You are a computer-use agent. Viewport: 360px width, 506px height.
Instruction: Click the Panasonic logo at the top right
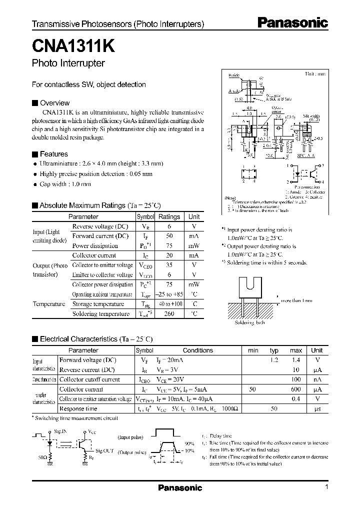coord(292,22)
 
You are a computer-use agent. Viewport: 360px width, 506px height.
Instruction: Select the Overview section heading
coord(54,103)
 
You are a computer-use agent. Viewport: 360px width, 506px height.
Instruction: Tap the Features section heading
coord(53,154)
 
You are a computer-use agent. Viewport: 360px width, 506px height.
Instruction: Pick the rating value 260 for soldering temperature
coord(169,313)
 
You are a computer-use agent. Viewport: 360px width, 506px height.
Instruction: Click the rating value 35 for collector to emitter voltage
coord(169,265)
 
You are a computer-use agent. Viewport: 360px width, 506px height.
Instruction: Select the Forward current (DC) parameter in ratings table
coord(100,236)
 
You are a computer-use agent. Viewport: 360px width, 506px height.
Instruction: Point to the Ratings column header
coord(169,216)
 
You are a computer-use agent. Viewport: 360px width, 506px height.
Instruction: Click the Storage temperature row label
coord(98,304)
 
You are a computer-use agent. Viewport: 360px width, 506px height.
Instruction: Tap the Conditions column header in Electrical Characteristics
coord(197,350)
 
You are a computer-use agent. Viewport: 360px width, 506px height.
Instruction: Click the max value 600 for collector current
coord(296,389)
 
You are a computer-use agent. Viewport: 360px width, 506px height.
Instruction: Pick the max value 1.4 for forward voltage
coord(296,360)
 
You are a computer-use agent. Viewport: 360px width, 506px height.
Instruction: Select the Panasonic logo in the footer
coord(180,487)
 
